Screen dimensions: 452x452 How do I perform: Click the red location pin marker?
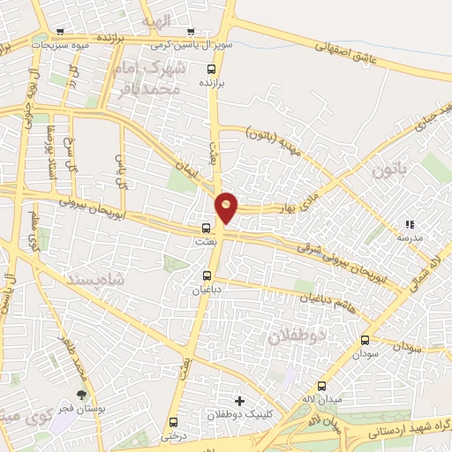[x=227, y=207]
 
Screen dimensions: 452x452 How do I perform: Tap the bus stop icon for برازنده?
[x=210, y=69]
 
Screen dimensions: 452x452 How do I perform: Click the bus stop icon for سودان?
[x=365, y=340]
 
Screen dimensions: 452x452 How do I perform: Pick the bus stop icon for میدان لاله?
[x=321, y=386]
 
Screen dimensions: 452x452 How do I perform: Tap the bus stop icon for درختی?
[x=173, y=422]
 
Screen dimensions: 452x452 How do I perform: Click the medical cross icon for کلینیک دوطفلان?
[x=237, y=400]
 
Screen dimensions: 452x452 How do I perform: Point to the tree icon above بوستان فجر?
[x=82, y=395]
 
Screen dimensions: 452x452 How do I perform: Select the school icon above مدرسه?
[x=408, y=226]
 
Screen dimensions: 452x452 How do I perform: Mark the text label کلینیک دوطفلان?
[x=237, y=414]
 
